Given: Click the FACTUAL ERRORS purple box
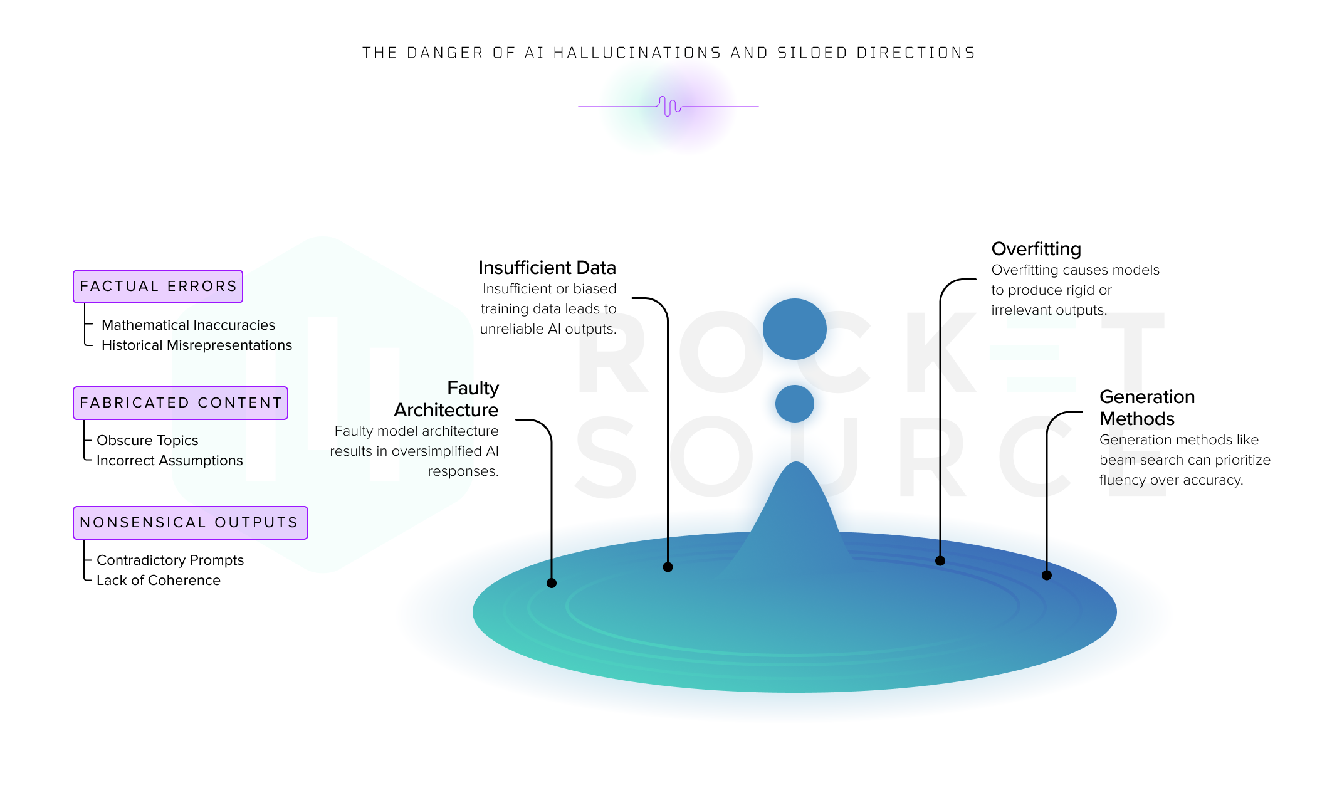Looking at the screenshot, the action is tap(158, 287).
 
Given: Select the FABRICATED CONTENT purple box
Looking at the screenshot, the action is tap(181, 403).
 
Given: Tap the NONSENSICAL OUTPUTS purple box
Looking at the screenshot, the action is tap(191, 523).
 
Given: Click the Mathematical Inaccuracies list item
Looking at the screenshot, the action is tap(188, 325).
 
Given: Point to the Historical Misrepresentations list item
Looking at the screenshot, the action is tap(197, 345).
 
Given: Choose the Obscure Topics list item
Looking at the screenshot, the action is tap(147, 440).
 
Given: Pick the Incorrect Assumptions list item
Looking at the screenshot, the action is tap(170, 460).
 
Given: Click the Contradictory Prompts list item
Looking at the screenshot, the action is tap(170, 560).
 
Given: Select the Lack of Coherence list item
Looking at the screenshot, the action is tap(159, 580).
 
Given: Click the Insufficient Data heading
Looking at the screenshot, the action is tap(547, 268).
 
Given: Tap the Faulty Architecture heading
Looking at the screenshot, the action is tap(446, 399).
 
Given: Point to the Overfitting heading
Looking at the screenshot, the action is tap(1036, 249).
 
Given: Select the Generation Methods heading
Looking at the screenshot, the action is tap(1147, 408).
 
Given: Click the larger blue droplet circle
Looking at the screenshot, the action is tap(795, 329).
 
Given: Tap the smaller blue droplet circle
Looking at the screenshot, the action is tap(795, 404).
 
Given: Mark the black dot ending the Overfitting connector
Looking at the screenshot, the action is tap(940, 561).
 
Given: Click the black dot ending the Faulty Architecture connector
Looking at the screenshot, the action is tap(552, 583).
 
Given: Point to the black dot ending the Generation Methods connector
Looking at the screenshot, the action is tap(1047, 575).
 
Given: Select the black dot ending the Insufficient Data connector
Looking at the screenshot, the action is tap(668, 567).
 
